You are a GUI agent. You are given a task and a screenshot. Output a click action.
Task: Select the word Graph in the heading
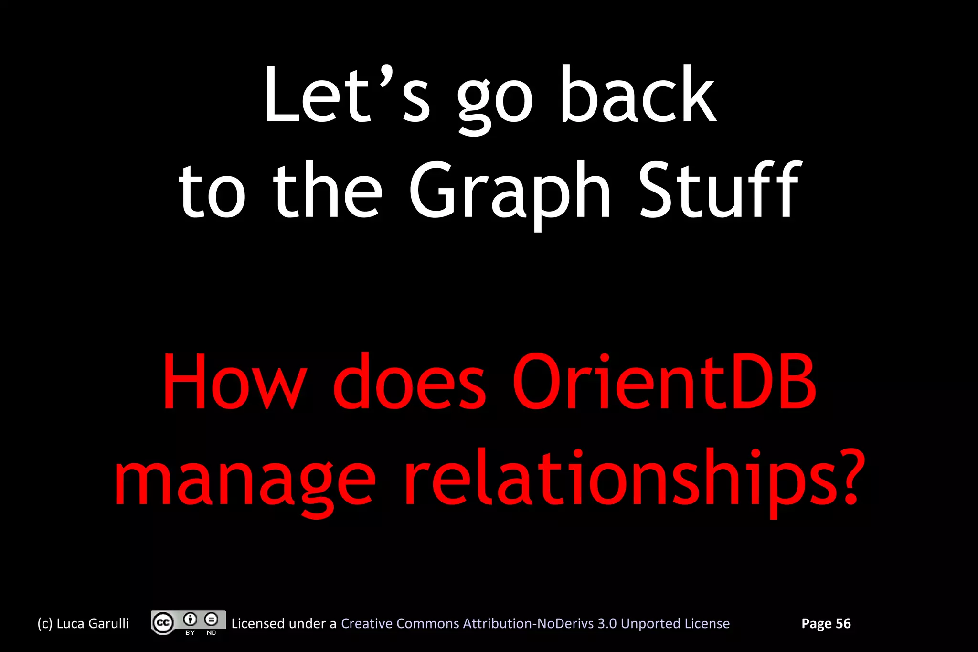(510, 191)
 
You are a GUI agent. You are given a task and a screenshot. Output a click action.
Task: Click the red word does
(409, 382)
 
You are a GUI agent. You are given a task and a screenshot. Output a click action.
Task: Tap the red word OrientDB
(664, 382)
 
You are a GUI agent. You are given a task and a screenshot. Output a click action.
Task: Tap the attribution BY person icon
(190, 620)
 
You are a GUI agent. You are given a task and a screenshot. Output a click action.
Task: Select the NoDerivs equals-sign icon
(211, 620)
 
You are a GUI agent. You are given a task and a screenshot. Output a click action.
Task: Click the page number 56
(843, 623)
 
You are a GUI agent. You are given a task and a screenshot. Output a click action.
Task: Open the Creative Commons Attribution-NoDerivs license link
(535, 624)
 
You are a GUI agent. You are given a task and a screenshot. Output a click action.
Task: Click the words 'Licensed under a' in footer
(284, 624)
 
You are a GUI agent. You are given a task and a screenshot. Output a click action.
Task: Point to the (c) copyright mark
(45, 624)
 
